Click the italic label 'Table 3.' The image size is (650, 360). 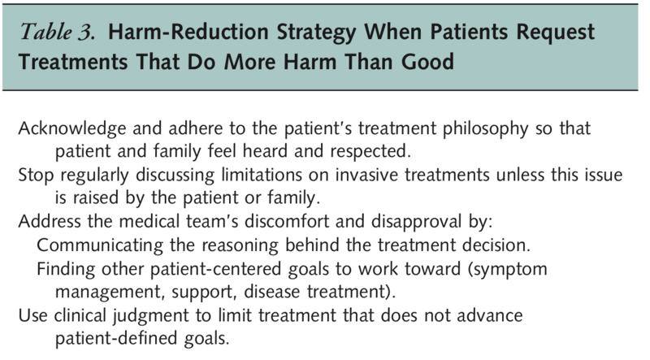pos(57,32)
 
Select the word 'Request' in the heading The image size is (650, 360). pos(555,33)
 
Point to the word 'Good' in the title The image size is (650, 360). pos(427,62)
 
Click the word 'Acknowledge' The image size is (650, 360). pos(72,128)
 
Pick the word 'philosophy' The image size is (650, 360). pos(485,129)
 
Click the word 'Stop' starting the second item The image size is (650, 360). pos(36,176)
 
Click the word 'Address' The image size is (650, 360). pos(50,221)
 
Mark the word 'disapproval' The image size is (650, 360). pos(416,222)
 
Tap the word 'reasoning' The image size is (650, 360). pos(240,245)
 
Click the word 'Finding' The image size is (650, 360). pos(66,269)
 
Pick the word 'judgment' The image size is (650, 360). pos(151,316)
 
